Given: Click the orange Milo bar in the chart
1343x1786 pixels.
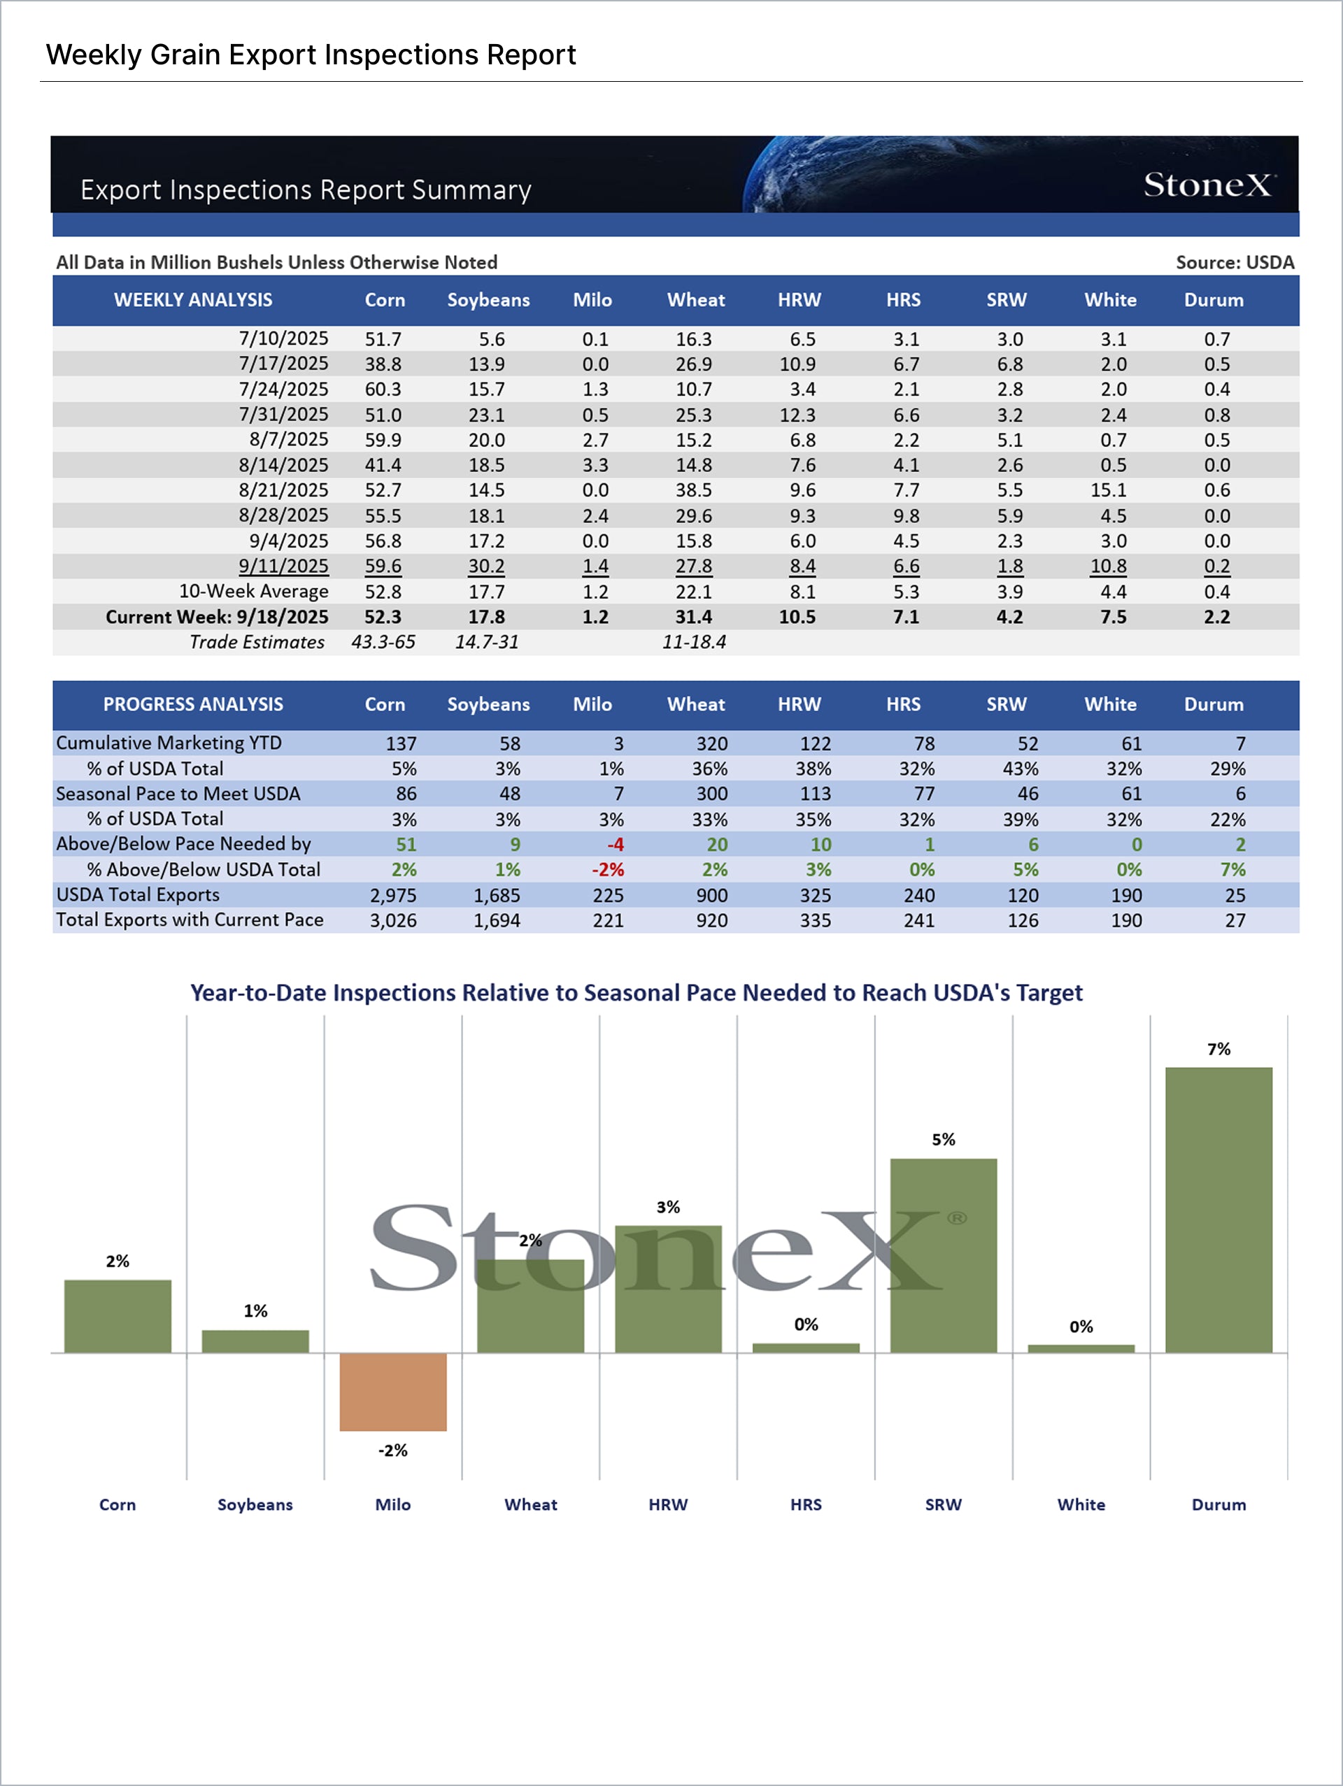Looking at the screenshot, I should coord(392,1391).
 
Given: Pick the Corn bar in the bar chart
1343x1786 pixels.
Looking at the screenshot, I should coord(118,1315).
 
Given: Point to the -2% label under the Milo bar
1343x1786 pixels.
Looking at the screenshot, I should coord(392,1450).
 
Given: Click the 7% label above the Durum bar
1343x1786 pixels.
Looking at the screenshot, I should coord(1218,1049).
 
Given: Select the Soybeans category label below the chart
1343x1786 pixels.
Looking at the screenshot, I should coord(255,1504).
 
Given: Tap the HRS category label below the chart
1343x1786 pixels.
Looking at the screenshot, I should coord(806,1504).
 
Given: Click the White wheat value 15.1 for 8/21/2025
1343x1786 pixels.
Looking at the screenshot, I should coord(1108,490).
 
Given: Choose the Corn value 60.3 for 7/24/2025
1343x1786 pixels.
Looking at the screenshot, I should coord(383,390).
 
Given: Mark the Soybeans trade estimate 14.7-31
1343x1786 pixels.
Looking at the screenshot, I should coord(486,642).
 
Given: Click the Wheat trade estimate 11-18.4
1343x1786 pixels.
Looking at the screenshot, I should coord(694,642).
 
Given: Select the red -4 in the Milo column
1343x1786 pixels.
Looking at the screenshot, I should coord(616,845).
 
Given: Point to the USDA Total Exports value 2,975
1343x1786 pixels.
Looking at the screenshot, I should coord(393,895).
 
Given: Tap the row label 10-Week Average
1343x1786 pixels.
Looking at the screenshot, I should coord(254,591).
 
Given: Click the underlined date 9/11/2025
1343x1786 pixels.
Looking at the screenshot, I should coord(283,566).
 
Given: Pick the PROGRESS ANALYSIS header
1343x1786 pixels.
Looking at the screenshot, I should coord(193,704).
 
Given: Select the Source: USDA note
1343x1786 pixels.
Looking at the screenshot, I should coord(1235,262).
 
